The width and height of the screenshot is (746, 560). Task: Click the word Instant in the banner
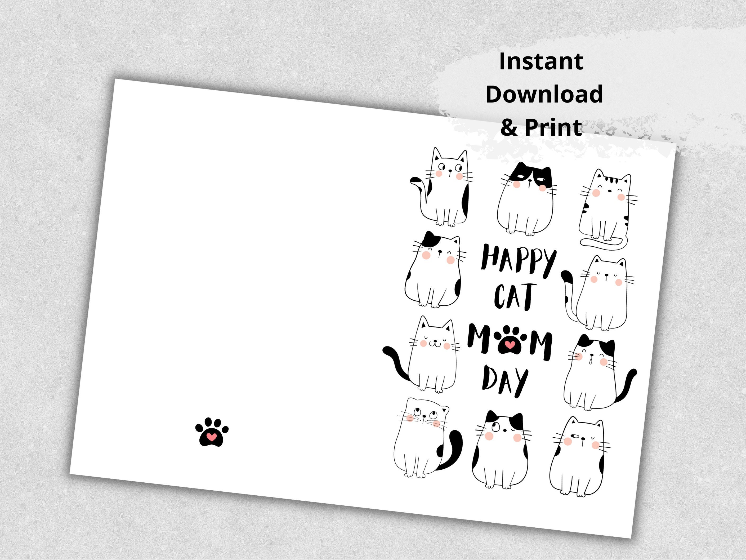click(x=541, y=62)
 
